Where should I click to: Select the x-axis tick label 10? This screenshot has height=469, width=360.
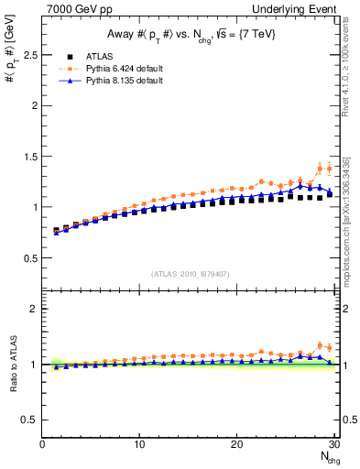(x=139, y=445)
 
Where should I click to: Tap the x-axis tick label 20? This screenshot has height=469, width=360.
(x=236, y=445)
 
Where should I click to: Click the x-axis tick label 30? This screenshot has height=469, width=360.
(x=333, y=445)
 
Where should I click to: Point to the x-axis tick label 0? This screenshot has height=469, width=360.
(x=42, y=445)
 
